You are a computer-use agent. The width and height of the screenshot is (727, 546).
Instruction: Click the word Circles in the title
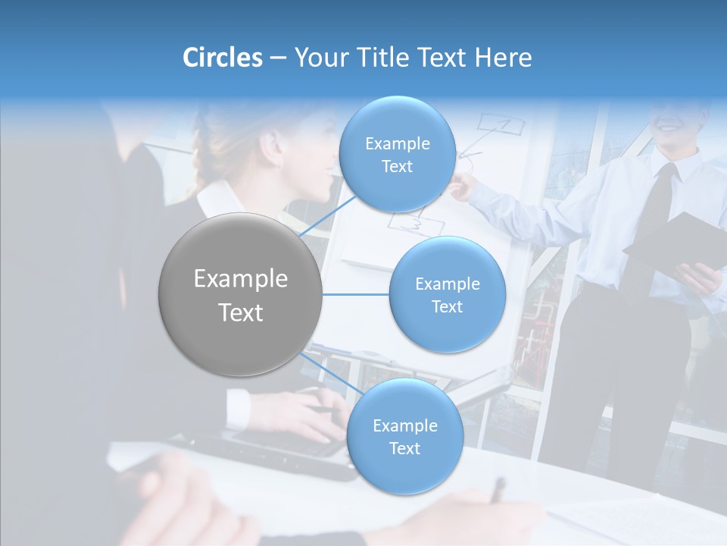(x=222, y=58)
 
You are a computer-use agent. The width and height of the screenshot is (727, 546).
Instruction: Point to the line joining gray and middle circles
(x=355, y=294)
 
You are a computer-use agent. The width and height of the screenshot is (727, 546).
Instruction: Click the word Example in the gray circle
(x=241, y=279)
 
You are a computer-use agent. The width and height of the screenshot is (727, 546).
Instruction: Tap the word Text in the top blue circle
(x=397, y=167)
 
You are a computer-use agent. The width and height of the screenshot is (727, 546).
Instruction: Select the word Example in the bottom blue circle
(x=404, y=425)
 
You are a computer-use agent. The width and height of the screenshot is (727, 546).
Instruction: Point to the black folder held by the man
(x=674, y=243)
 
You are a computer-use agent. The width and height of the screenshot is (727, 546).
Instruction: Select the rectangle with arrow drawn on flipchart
(x=496, y=125)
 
